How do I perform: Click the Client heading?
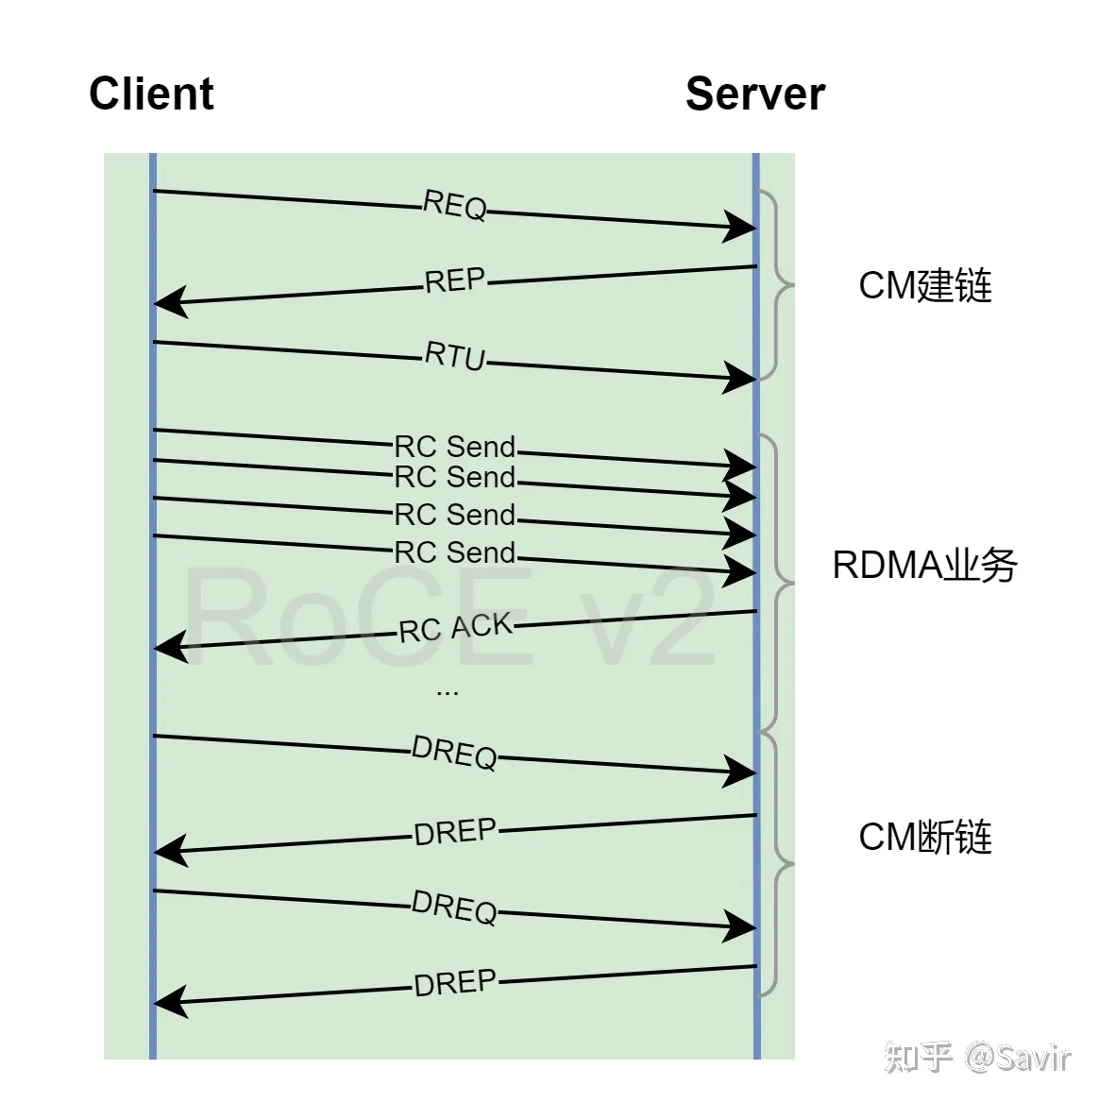[151, 94]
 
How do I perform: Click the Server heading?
[755, 94]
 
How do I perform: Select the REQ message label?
[455, 205]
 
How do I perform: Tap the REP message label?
[455, 280]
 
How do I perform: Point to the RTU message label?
[455, 356]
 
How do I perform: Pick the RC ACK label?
[455, 628]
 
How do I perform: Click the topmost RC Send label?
[455, 447]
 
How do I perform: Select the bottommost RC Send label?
[455, 552]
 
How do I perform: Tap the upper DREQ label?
[455, 753]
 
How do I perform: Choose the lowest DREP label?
[455, 983]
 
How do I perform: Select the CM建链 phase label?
[924, 285]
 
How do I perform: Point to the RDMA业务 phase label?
[924, 566]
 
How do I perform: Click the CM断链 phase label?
[924, 837]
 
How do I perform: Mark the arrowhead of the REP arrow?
[169, 302]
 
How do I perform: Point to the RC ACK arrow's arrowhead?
[169, 648]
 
